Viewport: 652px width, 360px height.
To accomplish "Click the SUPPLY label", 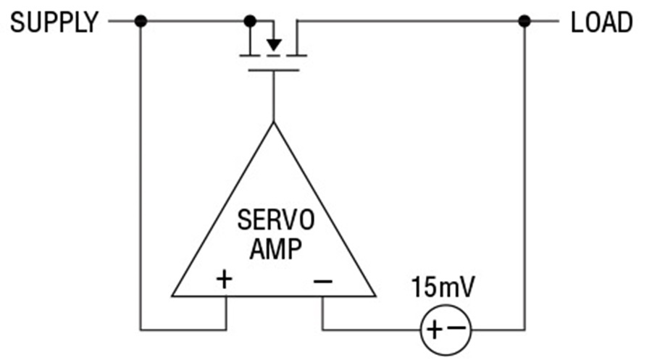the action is pos(54,22).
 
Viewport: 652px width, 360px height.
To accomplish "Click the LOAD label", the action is pos(602,22).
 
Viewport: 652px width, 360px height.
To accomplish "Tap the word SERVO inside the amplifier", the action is pos(276,220).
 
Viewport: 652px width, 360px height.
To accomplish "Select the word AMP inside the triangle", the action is pos(276,249).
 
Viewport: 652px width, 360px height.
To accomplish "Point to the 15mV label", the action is pos(443,287).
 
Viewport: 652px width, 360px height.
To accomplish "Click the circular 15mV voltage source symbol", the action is pos(446,306).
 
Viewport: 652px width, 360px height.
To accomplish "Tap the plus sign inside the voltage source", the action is pos(434,330).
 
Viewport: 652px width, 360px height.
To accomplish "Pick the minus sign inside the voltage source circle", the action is pos(457,328).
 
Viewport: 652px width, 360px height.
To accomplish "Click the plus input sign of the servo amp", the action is pos(225,279).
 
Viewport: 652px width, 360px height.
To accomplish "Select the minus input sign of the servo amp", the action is pos(323,282).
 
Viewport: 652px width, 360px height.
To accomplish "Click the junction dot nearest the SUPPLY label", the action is pos(141,21).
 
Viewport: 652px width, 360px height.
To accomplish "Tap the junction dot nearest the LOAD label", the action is pos(524,21).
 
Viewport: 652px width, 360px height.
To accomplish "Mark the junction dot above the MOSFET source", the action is pos(250,21).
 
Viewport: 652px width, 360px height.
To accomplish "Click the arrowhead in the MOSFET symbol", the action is pos(274,44).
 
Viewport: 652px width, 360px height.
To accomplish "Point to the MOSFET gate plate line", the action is pos(274,70).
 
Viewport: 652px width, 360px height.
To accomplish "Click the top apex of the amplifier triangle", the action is pos(274,122).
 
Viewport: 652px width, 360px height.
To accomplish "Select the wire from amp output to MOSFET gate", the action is pos(274,96).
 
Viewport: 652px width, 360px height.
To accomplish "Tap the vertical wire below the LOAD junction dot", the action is pos(524,175).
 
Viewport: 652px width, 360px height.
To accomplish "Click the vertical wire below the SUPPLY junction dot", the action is pos(141,175).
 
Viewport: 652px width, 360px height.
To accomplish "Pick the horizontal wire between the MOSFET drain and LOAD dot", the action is pos(411,21).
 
